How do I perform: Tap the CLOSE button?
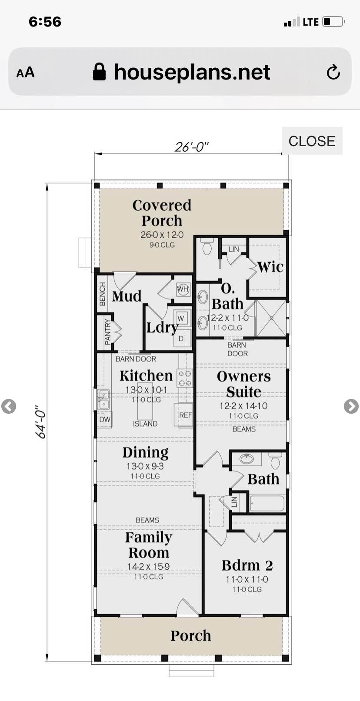pos(312,141)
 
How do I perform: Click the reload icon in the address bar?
pos(333,72)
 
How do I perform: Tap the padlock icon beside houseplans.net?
pos(99,72)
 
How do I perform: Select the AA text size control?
pos(25,73)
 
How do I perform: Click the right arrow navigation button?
pos(351,406)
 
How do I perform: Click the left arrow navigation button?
pos(8,406)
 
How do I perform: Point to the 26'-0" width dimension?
pos(192,146)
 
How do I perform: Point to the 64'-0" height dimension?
pos(41,422)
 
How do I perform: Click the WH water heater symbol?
pos(183,289)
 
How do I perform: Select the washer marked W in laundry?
pos(181,319)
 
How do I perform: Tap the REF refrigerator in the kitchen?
pos(184,415)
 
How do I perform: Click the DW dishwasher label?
pos(104,419)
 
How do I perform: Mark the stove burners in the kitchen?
pos(185,378)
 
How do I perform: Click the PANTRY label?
pos(108,332)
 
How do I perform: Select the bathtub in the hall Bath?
pos(267,502)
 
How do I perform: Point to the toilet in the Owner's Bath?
pos(207,246)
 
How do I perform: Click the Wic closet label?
pos(270,267)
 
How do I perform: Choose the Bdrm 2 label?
pos(247,565)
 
